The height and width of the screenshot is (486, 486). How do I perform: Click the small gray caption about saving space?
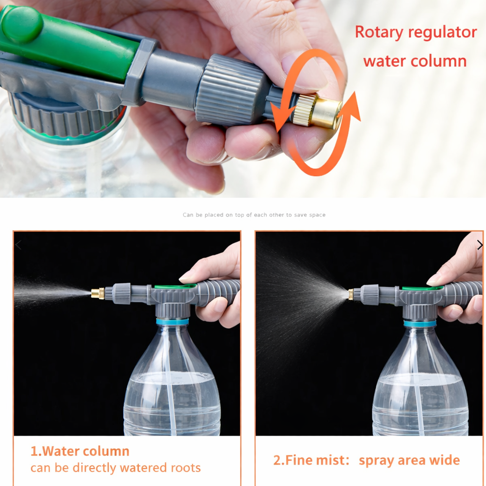254,215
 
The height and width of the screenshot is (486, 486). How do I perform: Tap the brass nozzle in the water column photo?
98,293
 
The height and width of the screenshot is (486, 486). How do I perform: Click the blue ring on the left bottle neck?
172,321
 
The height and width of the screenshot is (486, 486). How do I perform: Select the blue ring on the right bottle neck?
420,324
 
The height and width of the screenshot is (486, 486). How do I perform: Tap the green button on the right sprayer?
422,288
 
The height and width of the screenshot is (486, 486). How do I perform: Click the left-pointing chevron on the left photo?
19,245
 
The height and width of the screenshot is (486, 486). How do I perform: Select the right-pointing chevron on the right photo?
479,245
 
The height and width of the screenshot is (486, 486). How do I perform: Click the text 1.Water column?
80,451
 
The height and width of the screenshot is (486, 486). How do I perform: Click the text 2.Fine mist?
311,460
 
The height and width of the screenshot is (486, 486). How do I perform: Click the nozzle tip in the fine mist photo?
350,294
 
